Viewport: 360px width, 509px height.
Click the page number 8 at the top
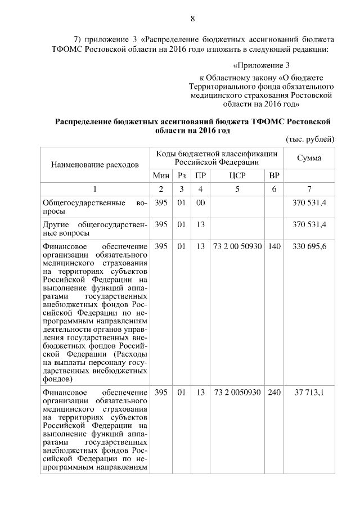(x=192, y=19)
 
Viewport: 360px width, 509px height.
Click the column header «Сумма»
(x=309, y=158)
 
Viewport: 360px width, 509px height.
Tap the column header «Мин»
(x=161, y=176)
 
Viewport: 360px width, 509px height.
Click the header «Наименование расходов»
(x=94, y=165)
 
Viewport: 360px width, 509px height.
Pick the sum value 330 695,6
(x=309, y=246)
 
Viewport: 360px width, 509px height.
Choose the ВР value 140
(x=274, y=246)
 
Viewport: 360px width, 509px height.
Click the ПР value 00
(x=200, y=202)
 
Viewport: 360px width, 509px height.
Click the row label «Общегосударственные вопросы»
(x=94, y=207)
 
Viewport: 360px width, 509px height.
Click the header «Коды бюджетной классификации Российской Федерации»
(x=217, y=158)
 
